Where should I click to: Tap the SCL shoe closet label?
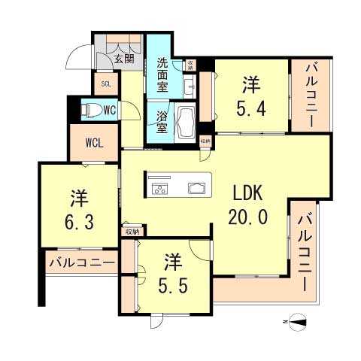tap(103, 84)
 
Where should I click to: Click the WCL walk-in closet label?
tap(94, 143)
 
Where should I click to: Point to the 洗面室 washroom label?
tap(166, 74)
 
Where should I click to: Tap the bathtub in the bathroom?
tap(186, 121)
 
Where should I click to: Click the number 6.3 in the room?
tap(79, 222)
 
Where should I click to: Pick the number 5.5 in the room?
tap(174, 286)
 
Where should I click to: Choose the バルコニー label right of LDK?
tap(305, 252)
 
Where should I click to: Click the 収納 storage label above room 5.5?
tap(132, 232)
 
